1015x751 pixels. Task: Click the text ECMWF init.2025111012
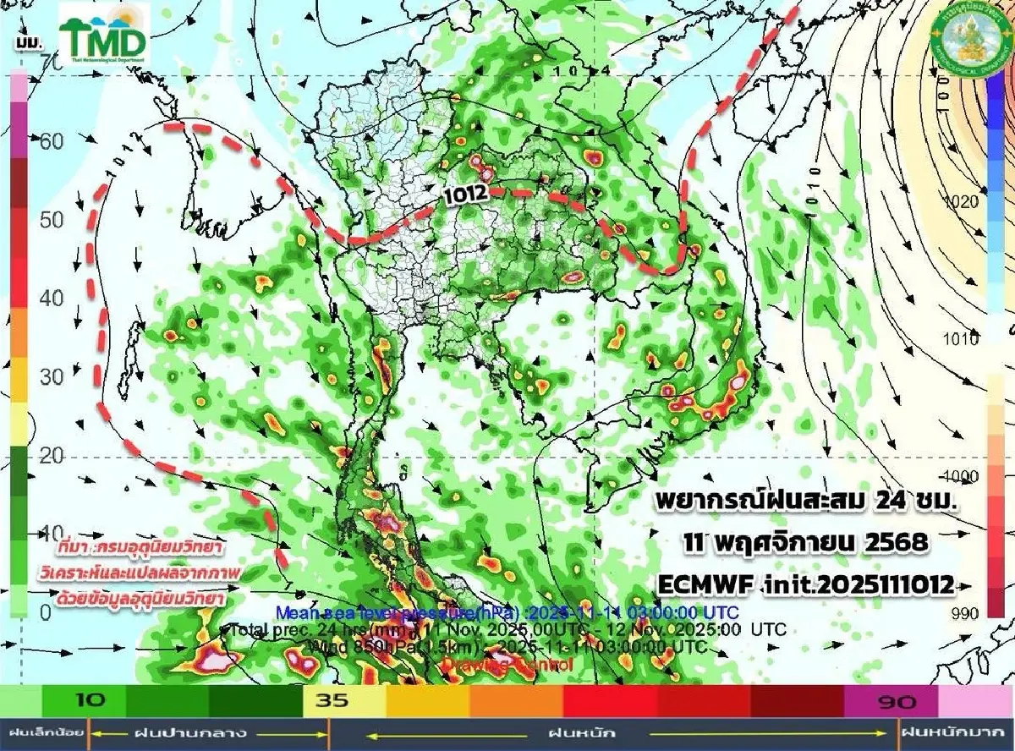coord(808,583)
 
